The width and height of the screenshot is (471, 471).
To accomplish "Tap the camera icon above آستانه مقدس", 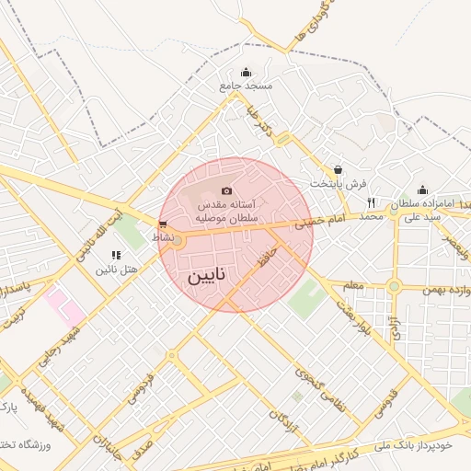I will (227, 190).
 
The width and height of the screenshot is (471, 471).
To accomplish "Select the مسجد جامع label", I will (247, 86).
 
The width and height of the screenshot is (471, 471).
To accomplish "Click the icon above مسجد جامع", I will (246, 73).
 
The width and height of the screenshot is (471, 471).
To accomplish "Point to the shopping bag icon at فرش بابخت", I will (339, 170).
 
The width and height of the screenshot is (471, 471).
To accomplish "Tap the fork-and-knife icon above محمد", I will (371, 202).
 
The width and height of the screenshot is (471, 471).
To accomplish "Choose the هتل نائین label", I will (117, 270).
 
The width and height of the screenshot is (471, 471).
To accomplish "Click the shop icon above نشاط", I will (163, 224).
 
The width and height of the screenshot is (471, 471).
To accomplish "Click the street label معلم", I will (352, 286).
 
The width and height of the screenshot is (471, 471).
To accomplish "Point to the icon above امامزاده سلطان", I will (422, 190).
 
